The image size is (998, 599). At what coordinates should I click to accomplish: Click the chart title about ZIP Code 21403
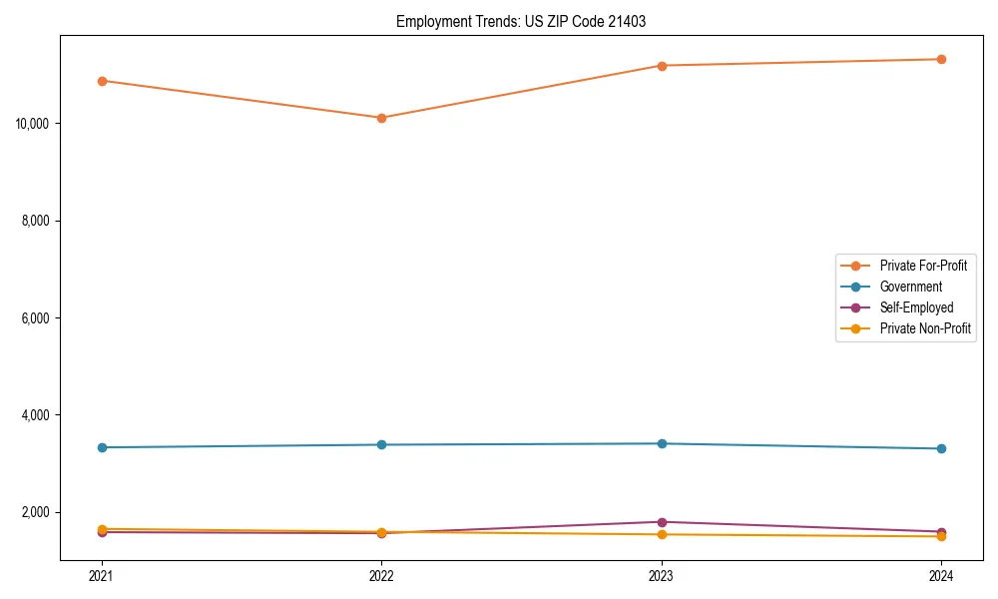(x=520, y=21)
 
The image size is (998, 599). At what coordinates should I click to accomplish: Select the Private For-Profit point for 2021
(x=102, y=81)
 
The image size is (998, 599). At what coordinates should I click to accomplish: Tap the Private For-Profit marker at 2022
(x=381, y=118)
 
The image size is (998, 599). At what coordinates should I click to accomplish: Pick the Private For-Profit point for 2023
(x=662, y=66)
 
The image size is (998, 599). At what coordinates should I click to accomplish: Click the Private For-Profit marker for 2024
(x=941, y=59)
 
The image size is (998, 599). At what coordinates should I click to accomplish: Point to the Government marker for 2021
(x=102, y=447)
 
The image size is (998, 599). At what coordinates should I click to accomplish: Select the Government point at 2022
(x=381, y=444)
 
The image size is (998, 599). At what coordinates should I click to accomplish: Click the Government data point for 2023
(x=662, y=443)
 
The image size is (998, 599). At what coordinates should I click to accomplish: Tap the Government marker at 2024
(x=941, y=448)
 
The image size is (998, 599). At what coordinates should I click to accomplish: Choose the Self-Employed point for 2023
(x=662, y=522)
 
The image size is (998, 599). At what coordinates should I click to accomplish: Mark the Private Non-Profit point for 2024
(x=941, y=537)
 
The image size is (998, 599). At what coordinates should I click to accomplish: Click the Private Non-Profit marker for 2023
(x=662, y=535)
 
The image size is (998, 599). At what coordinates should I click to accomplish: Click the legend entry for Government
(x=910, y=287)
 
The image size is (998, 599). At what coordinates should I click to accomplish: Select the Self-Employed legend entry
(x=916, y=307)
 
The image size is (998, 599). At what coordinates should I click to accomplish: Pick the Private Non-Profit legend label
(x=925, y=328)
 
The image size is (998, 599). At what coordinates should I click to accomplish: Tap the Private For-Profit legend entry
(x=922, y=266)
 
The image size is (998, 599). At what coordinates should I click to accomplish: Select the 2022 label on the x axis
(x=381, y=575)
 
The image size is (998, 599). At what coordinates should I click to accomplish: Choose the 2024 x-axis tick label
(x=941, y=575)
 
